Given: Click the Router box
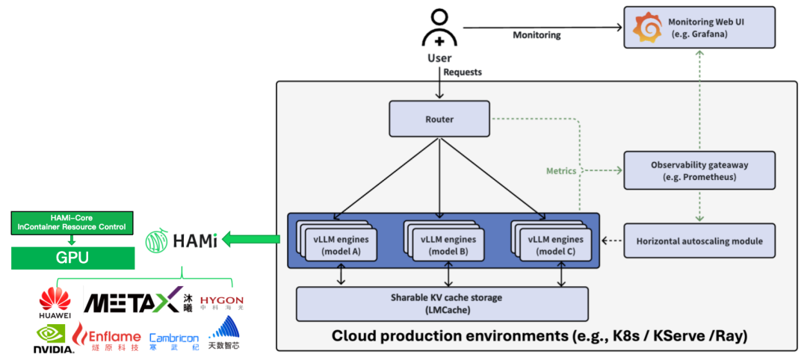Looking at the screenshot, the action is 439,119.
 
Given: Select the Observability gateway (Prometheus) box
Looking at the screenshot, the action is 699,170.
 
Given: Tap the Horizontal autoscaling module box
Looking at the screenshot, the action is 699,240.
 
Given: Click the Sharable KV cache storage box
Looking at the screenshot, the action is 442,303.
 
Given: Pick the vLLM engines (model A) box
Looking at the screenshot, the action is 336,246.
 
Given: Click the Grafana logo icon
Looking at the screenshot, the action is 647,29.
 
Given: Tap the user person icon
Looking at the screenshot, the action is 439,30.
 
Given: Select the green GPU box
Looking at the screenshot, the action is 72,258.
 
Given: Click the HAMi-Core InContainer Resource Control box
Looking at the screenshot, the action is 72,223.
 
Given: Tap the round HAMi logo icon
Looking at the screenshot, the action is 156,240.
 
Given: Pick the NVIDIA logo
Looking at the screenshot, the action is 54,339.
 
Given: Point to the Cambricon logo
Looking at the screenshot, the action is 174,341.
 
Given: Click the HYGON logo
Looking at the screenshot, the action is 221,302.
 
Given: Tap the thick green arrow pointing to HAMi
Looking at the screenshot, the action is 252,239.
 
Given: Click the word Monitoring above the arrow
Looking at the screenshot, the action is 537,36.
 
